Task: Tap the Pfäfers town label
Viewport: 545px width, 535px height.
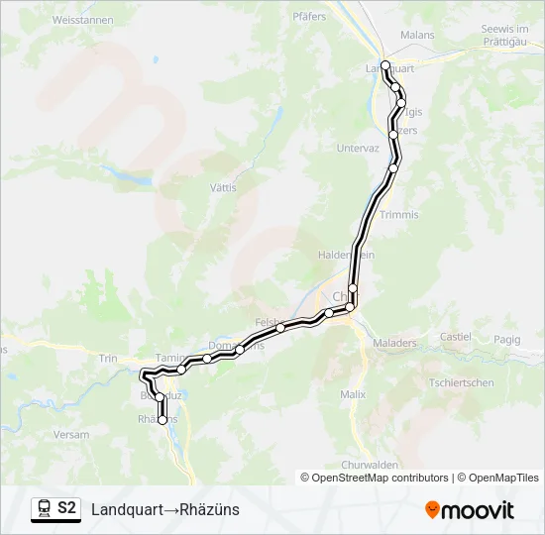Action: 309,16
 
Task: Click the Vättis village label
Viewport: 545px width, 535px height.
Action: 224,187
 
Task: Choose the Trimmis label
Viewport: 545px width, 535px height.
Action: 398,214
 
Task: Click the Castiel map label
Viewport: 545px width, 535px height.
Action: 456,337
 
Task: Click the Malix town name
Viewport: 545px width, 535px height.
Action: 353,394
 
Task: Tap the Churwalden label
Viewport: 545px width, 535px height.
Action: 369,465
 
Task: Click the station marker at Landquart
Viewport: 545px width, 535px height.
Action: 384,65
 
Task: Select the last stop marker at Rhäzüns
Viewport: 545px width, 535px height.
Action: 163,420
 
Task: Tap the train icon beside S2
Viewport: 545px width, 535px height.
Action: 44,508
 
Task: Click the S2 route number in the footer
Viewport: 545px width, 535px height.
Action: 67,508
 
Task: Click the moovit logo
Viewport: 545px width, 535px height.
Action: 470,509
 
